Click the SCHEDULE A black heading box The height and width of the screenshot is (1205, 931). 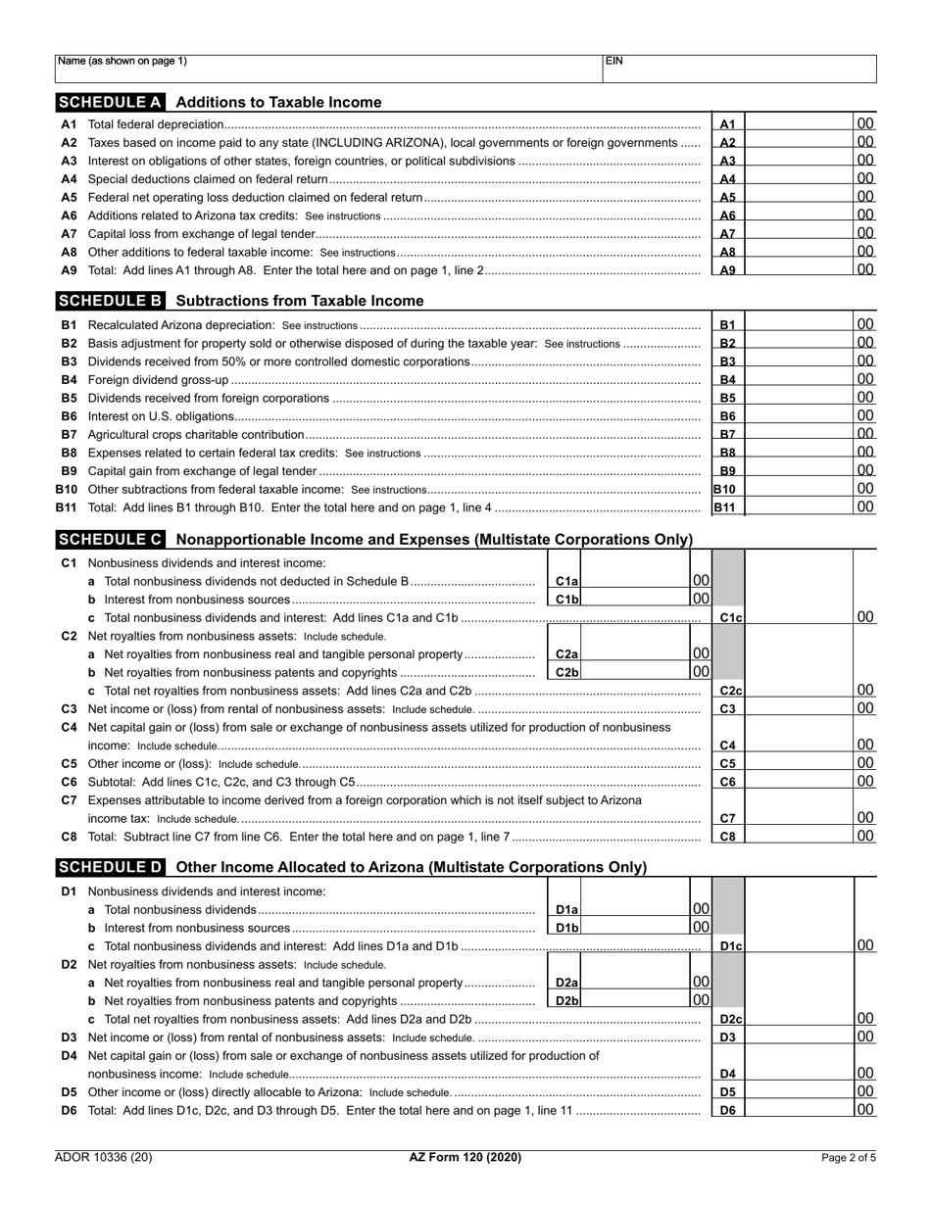(x=110, y=102)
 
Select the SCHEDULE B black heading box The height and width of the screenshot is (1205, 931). (x=110, y=301)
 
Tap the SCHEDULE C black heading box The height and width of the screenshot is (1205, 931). (x=110, y=539)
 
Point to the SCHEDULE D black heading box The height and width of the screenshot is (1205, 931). (x=110, y=867)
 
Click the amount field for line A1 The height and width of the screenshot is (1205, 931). (x=799, y=124)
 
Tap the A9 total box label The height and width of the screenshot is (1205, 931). (x=728, y=270)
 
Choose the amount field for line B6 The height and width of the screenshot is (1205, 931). (x=799, y=416)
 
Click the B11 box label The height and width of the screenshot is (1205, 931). (x=725, y=507)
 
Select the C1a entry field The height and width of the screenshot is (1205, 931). (x=635, y=581)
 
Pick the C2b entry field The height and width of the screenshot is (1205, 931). (x=635, y=672)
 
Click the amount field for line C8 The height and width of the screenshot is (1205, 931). (x=799, y=837)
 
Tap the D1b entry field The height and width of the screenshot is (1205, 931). (x=635, y=928)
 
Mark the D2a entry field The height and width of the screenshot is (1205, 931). (x=635, y=983)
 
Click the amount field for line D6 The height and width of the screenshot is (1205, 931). (x=799, y=1110)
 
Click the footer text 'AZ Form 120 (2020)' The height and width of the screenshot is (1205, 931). (x=465, y=1158)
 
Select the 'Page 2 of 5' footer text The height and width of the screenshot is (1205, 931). (x=849, y=1158)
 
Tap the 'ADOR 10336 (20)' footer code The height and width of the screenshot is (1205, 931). (x=104, y=1158)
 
